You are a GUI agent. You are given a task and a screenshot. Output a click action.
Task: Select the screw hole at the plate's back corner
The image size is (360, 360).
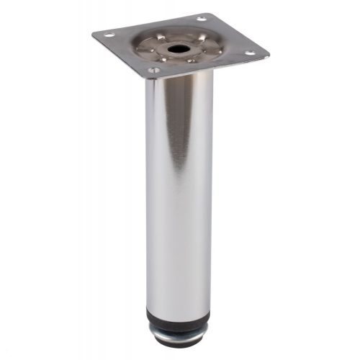tap(201, 17)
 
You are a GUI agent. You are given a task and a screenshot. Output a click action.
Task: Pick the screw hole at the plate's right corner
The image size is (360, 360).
tap(249, 52)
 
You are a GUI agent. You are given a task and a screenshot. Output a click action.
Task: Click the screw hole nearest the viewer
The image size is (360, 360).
tap(153, 71)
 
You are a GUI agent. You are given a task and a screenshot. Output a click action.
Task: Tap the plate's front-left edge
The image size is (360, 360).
tap(120, 56)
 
